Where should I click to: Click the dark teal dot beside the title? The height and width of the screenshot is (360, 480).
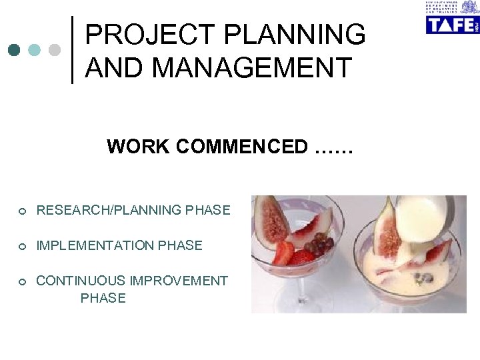click(x=15, y=50)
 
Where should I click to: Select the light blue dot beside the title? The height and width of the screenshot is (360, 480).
click(x=35, y=50)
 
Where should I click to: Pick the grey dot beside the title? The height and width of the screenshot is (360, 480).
click(x=55, y=50)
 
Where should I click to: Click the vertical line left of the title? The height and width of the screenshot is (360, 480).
click(x=72, y=50)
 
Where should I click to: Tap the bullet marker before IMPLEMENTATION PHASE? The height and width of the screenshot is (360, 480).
click(x=22, y=247)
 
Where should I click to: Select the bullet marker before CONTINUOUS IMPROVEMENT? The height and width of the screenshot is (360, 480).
click(x=22, y=282)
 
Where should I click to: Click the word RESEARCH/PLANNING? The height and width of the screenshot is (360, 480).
click(x=109, y=210)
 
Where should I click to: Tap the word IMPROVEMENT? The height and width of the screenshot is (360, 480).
click(x=179, y=281)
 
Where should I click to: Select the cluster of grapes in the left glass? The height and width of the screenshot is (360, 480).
click(x=321, y=244)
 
